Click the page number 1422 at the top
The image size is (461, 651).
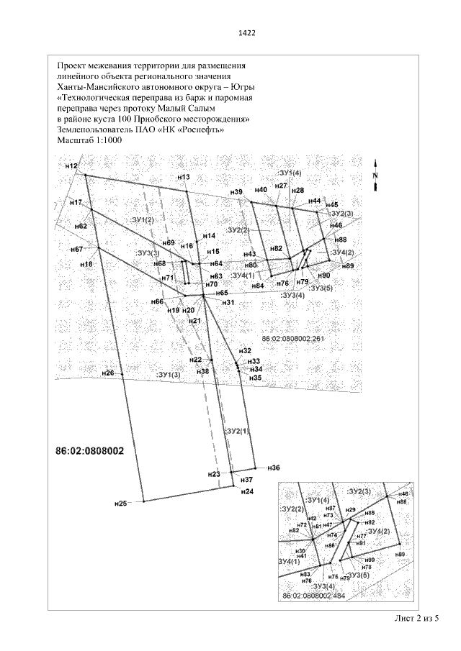pos(247,33)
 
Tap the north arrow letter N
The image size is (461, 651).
pos(375,175)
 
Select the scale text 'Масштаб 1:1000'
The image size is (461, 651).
pos(89,140)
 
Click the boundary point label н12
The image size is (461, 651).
pos(71,166)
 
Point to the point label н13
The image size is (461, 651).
pos(183,177)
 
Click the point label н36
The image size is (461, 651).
pos(273,468)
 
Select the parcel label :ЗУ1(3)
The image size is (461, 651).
pos(168,375)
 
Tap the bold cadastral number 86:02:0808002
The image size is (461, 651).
pos(90,452)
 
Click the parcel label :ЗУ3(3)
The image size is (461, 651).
pos(148,252)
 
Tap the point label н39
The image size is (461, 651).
pos(237,192)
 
